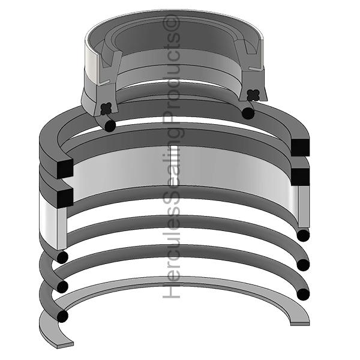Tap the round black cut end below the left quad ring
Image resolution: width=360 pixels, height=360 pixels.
[x=109, y=125]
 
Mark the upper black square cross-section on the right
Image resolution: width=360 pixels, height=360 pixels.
[x=299, y=146]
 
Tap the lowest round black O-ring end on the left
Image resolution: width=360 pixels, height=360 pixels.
[x=62, y=314]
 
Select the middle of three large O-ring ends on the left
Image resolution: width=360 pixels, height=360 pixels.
[x=62, y=286]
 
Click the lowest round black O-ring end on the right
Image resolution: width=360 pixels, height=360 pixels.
[x=303, y=295]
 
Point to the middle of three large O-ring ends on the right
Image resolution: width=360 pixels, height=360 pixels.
[x=303, y=265]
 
